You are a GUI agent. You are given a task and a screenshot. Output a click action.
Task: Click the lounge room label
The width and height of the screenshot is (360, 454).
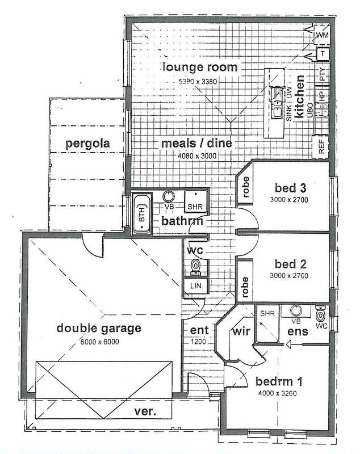[x=200, y=67]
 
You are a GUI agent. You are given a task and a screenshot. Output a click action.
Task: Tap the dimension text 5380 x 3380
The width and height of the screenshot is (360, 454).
[x=198, y=82]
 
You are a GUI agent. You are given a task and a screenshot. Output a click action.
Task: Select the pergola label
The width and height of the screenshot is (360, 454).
[x=88, y=144]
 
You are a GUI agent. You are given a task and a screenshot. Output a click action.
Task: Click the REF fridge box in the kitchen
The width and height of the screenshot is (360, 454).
[x=321, y=147]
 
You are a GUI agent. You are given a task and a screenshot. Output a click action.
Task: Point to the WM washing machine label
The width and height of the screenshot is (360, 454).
[x=323, y=35]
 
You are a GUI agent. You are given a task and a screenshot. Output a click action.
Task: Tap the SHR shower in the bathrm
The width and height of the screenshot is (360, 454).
[x=196, y=201]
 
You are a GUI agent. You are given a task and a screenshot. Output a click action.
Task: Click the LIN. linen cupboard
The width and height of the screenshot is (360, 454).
[x=195, y=286]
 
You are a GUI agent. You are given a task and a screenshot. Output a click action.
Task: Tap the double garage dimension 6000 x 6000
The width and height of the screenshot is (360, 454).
[x=99, y=342]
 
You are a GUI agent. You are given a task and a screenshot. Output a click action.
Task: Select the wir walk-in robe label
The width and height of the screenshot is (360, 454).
[x=241, y=331]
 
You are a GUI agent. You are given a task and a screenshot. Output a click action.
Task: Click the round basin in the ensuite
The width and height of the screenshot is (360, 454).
[x=296, y=310]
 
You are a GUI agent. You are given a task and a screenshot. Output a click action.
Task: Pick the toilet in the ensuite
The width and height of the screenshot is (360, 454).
[x=320, y=314]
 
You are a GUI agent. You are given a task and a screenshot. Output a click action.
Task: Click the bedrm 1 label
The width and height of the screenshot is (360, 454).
[x=279, y=381]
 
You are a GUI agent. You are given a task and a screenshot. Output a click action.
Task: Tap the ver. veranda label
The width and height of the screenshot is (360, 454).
[x=145, y=411]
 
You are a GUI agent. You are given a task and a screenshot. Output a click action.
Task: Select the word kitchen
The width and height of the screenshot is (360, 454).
[x=299, y=96]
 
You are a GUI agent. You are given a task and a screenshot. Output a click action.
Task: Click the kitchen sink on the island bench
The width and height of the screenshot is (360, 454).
[x=277, y=109]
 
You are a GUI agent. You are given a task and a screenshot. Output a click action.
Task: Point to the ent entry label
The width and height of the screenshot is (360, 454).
[x=199, y=330]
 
